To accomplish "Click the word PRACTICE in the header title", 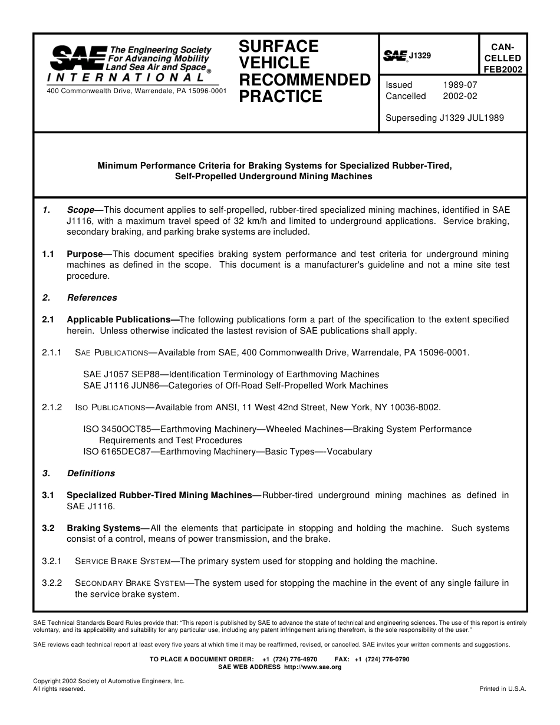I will [281, 97].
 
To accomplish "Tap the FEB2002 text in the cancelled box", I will [502, 69].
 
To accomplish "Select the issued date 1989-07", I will [460, 85].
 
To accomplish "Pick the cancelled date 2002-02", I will [460, 96].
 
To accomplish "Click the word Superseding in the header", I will [411, 118].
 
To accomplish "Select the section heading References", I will [92, 298].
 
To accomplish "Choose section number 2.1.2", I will [52, 407].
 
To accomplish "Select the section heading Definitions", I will [91, 473].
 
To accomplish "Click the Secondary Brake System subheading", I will [130, 583].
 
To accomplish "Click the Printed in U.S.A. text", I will [502, 688].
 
